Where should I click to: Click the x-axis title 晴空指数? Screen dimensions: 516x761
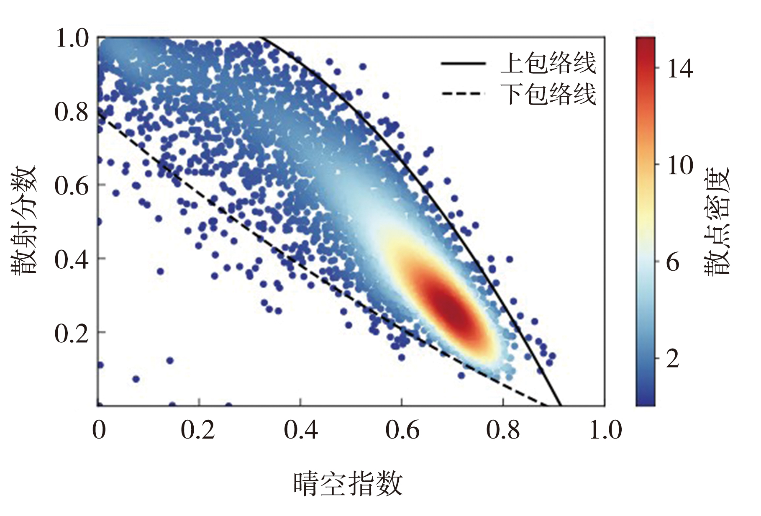348,484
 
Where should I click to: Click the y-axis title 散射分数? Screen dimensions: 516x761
24,220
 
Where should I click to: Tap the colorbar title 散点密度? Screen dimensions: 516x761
717,221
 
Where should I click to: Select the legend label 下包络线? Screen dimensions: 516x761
548,94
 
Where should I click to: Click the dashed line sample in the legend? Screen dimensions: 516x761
463,94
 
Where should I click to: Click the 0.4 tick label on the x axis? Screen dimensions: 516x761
300,430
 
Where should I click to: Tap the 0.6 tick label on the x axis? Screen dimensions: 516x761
402,430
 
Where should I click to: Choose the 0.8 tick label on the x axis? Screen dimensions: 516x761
503,430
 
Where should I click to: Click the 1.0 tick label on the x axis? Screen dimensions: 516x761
605,430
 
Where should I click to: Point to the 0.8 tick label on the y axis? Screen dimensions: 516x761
72,112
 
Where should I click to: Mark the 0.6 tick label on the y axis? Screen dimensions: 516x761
72,185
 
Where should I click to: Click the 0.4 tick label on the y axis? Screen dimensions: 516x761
72,259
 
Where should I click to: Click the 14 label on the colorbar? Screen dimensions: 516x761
680,68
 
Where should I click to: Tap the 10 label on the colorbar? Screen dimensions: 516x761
680,165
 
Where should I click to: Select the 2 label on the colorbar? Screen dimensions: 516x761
673,359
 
